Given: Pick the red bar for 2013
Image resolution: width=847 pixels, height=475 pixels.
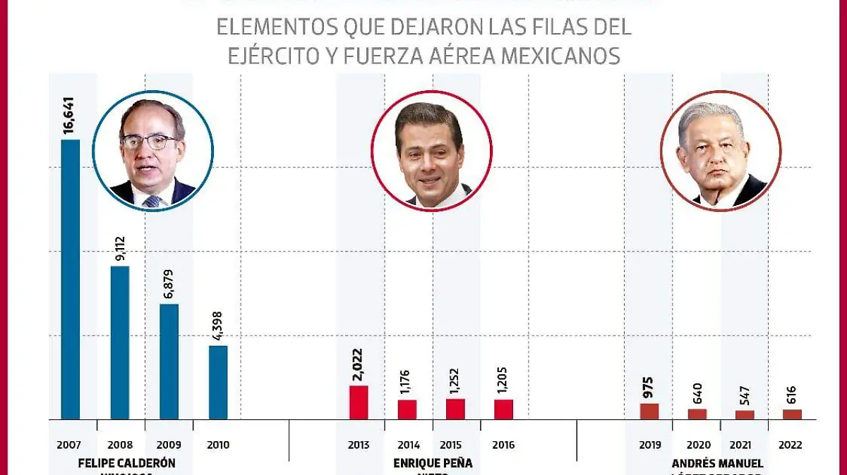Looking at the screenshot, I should coord(359,402).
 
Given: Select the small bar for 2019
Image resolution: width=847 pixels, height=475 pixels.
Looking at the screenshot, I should coord(649,412).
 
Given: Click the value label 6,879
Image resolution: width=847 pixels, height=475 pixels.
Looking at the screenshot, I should coord(169,284).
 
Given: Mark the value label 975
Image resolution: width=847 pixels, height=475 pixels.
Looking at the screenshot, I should coord(649,387).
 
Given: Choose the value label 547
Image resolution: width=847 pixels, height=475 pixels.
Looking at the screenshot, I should coord(745,396).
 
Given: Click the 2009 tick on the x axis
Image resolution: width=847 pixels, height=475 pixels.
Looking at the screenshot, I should coord(169,445).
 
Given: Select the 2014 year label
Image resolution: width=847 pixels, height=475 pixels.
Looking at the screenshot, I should coord(408,445).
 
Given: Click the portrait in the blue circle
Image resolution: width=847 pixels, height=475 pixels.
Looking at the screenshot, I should coord(153,151).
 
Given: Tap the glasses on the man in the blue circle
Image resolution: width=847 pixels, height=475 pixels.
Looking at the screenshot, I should coord(149,142).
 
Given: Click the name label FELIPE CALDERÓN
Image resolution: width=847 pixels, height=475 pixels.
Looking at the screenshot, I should coord(126,463).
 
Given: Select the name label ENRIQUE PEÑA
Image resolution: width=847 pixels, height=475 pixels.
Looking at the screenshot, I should coord(432,463).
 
